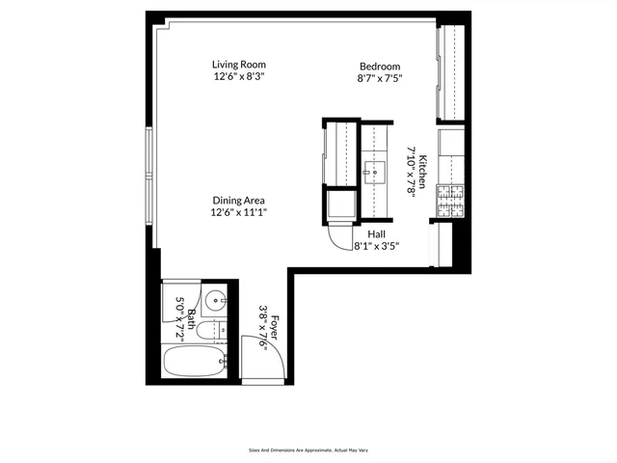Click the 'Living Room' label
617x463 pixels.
[x=238, y=65]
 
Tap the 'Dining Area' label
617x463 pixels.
[x=238, y=201]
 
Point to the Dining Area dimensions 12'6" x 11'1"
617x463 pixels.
[x=238, y=212]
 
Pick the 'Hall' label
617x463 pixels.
[x=376, y=233]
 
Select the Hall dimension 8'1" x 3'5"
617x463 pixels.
[x=376, y=246]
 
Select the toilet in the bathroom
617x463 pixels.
[x=212, y=331]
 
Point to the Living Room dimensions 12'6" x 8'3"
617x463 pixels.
[x=238, y=76]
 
